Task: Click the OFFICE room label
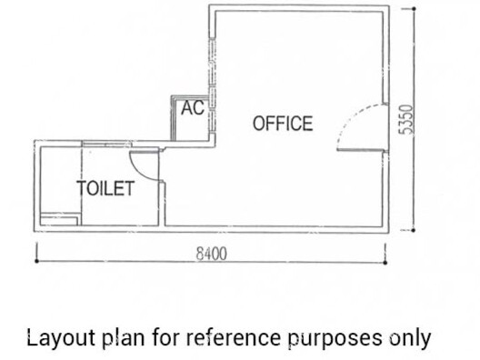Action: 283,124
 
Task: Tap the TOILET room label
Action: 105,188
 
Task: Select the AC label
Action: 192,108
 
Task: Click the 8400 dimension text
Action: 212,254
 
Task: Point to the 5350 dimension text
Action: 406,119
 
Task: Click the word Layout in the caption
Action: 61,338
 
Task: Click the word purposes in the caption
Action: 335,339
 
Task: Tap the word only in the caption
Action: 410,338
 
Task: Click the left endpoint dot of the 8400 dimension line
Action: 37,261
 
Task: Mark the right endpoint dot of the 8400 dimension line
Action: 385,263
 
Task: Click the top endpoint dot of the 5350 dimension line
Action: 414,9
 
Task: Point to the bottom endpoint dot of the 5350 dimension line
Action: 414,230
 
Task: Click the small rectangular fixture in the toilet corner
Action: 59,218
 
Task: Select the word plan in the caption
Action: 124,338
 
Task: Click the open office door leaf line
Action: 360,150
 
